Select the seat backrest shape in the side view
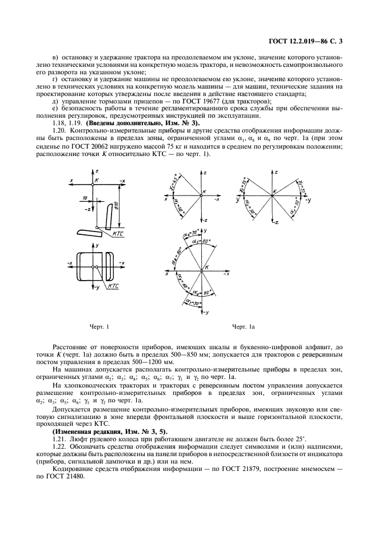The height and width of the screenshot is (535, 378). [x=106, y=214]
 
